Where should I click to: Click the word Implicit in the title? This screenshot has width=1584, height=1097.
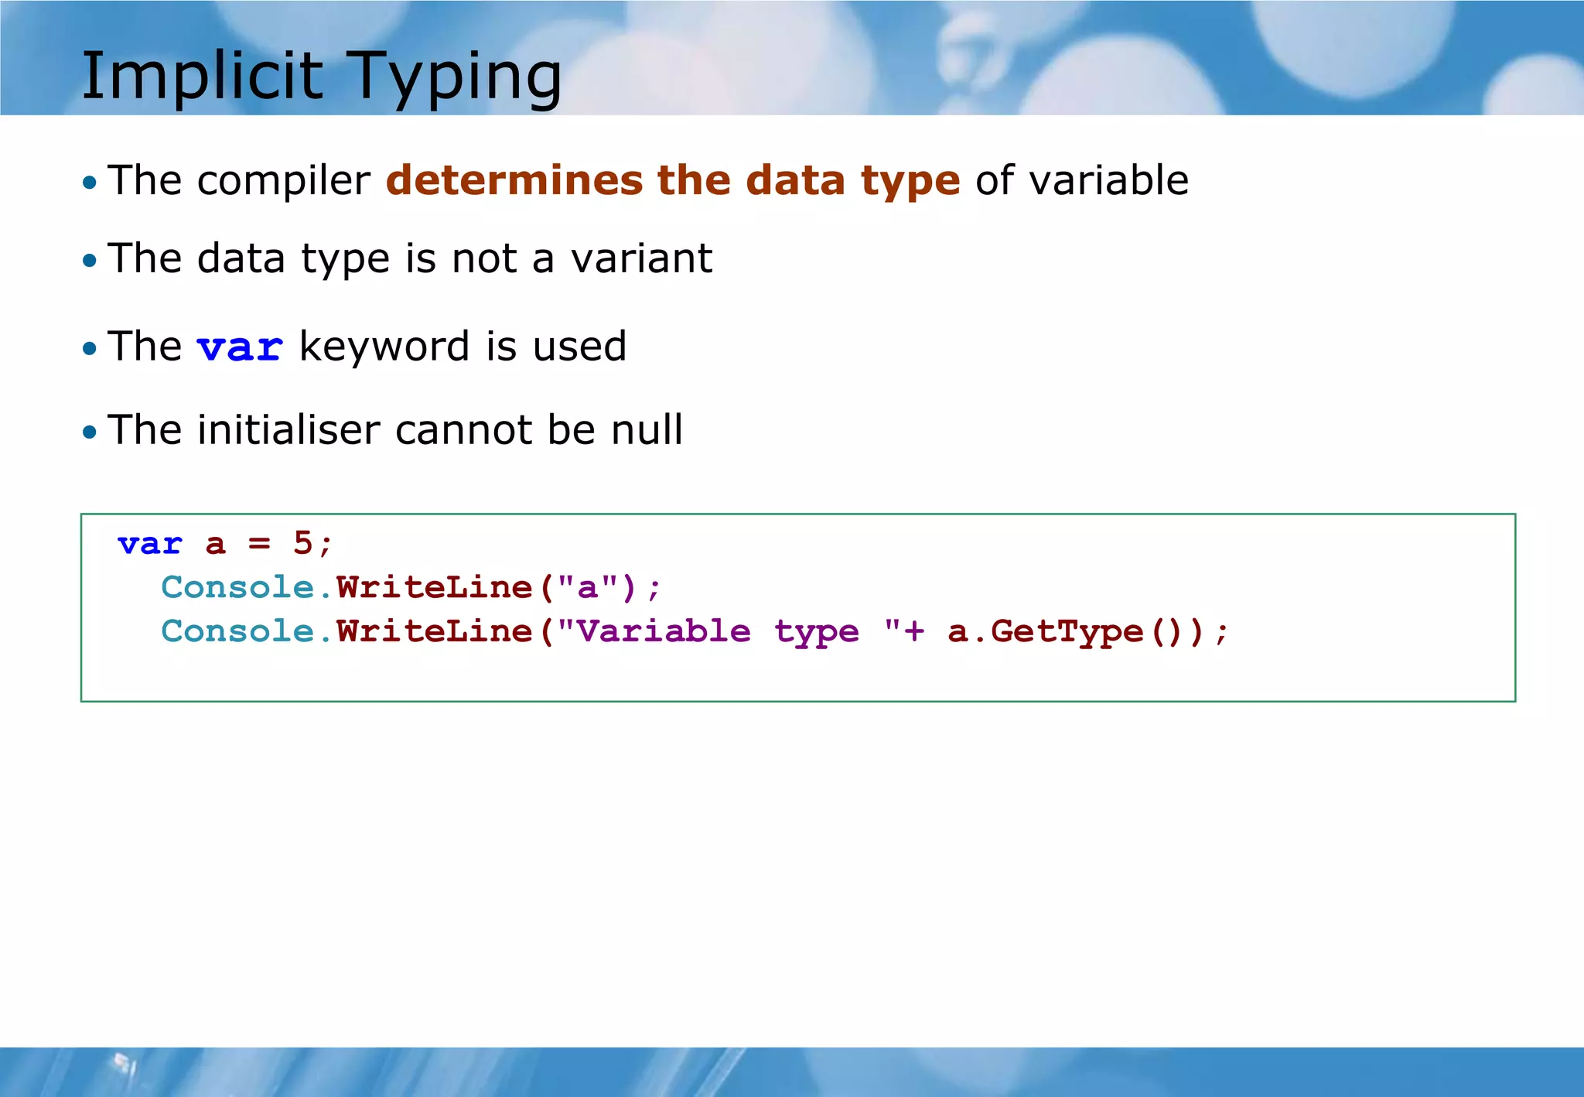point(202,76)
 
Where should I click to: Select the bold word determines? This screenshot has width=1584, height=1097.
point(514,180)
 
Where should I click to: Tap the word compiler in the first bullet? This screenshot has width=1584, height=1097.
point(283,182)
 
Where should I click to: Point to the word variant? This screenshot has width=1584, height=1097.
point(641,258)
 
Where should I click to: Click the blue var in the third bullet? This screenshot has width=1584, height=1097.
point(240,347)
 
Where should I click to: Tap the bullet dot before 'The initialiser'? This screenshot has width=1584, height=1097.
point(90,432)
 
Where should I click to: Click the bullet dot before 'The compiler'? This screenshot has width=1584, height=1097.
point(90,183)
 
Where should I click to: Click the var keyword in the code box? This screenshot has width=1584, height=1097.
point(149,544)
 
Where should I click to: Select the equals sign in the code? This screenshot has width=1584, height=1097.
point(259,544)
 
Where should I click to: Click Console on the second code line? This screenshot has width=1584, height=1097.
point(237,588)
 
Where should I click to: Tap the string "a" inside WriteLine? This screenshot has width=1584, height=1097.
point(588,588)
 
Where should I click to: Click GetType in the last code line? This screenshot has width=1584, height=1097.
point(1067,632)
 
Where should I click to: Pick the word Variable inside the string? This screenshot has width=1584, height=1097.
point(663,632)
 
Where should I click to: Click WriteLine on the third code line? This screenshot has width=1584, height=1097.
point(435,632)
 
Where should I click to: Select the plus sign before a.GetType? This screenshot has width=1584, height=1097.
point(914,632)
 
